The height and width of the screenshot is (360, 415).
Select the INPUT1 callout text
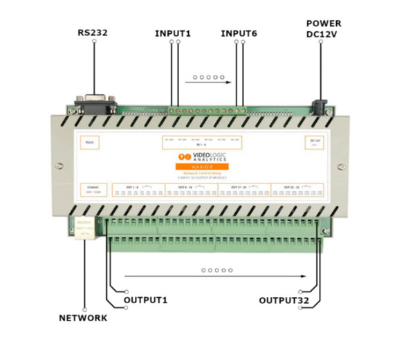click(174, 33)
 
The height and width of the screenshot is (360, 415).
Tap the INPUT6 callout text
click(239, 33)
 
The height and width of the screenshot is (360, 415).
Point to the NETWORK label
click(83, 318)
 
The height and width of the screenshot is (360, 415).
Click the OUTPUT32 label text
click(282, 300)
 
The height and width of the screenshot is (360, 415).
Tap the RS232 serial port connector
click(93, 104)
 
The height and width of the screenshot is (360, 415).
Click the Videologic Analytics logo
click(207, 157)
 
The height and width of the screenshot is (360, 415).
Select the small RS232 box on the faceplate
click(88, 143)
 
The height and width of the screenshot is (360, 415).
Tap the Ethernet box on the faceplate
click(88, 189)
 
